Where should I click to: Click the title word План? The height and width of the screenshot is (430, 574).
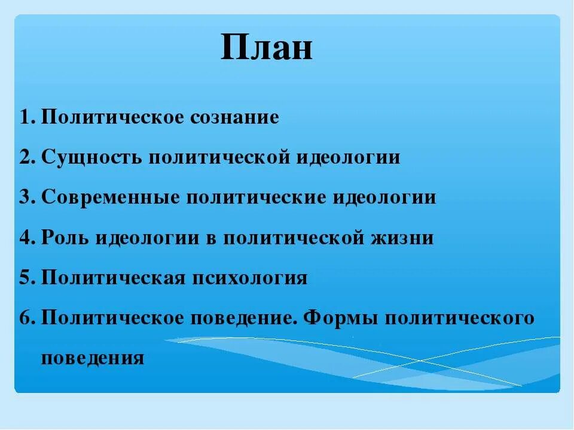(266, 48)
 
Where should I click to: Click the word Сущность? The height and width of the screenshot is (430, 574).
(91, 158)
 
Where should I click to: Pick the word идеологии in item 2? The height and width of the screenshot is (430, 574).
(349, 158)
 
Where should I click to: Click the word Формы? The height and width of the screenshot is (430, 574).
(341, 318)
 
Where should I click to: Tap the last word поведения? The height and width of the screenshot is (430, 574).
(93, 358)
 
